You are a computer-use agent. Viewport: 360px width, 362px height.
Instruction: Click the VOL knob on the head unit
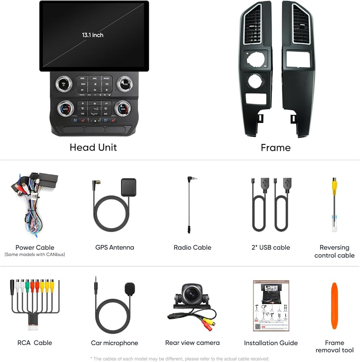[64, 84]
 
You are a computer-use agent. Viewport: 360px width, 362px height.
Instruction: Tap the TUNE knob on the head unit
[125, 84]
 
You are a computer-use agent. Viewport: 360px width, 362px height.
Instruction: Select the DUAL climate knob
[123, 108]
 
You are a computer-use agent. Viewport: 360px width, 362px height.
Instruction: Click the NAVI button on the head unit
[83, 84]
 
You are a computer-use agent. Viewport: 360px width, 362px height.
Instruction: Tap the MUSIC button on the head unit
[106, 78]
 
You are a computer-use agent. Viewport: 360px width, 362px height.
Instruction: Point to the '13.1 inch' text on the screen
[92, 35]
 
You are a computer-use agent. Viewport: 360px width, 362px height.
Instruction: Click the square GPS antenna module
[129, 187]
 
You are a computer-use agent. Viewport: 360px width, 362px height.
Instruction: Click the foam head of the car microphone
[130, 289]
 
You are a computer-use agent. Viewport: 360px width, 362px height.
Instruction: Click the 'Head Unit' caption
[93, 147]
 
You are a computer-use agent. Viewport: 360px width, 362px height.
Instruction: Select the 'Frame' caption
[276, 148]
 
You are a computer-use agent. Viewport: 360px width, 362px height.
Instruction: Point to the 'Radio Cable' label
[192, 248]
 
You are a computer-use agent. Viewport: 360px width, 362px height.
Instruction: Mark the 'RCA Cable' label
[35, 343]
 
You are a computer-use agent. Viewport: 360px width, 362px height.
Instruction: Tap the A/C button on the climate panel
[105, 114]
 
